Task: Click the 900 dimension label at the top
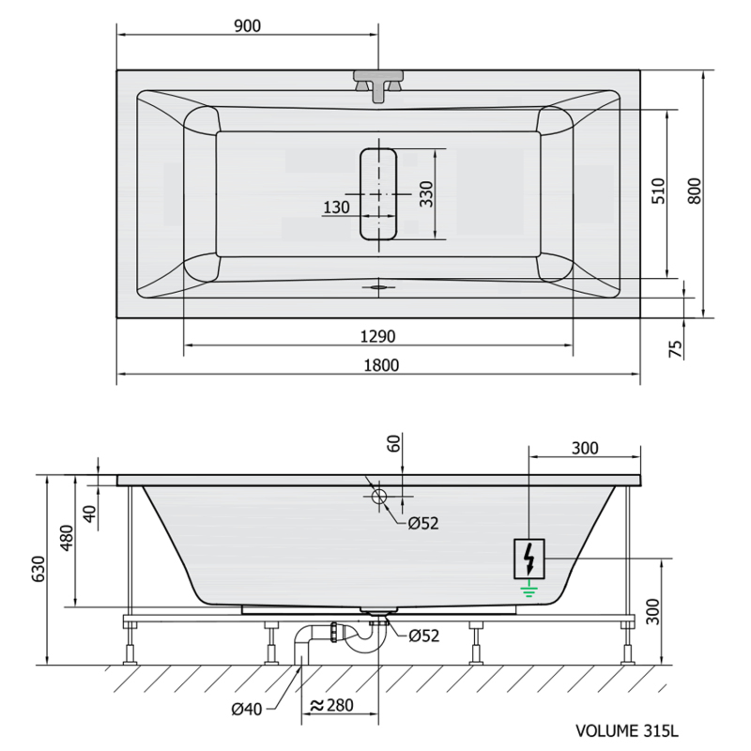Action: (x=247, y=26)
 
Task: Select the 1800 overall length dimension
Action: (x=381, y=365)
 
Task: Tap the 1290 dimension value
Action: (x=377, y=337)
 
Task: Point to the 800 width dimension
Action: (x=694, y=191)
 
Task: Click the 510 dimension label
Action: (x=659, y=191)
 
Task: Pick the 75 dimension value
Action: (x=675, y=348)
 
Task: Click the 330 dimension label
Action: (x=426, y=194)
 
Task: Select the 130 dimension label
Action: (x=336, y=207)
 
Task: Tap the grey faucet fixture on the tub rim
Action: (x=378, y=84)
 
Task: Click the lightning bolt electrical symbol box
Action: (x=529, y=559)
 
